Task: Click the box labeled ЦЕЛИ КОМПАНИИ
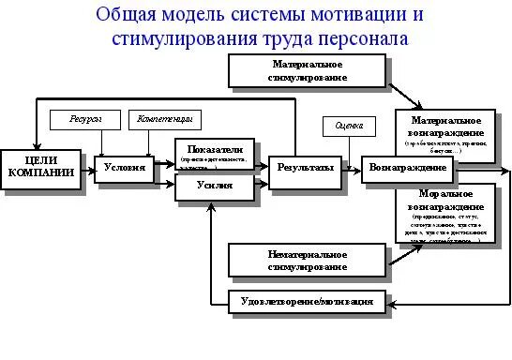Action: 35,165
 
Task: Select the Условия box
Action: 125,168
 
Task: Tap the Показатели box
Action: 214,154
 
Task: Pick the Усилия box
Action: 214,187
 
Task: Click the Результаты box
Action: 305,168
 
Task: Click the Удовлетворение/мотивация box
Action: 308,302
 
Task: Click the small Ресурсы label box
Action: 83,120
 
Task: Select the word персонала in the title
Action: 356,41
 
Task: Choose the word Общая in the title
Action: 134,17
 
